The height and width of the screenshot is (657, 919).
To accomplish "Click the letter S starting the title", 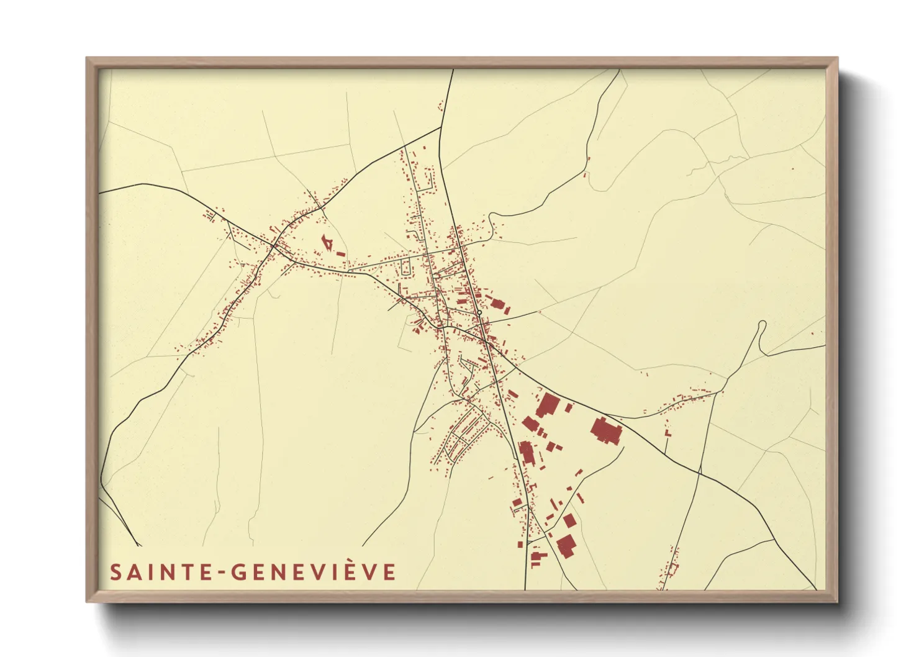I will tap(115, 572).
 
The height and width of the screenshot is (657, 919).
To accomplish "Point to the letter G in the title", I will tap(240, 572).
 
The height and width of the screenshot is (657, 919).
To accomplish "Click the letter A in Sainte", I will tap(133, 572).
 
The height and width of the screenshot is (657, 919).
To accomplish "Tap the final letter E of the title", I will tap(389, 572).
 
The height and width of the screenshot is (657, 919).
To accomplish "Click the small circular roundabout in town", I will tap(480, 313).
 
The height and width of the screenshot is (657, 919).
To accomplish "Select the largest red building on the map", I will tap(606, 430).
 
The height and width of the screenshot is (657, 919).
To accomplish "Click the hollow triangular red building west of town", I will tap(325, 242).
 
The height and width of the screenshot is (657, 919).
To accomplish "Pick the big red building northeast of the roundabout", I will tap(497, 304).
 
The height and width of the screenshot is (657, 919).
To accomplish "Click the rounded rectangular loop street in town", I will tap(407, 268).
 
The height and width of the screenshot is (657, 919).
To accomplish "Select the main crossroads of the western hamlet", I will tap(274, 247).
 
